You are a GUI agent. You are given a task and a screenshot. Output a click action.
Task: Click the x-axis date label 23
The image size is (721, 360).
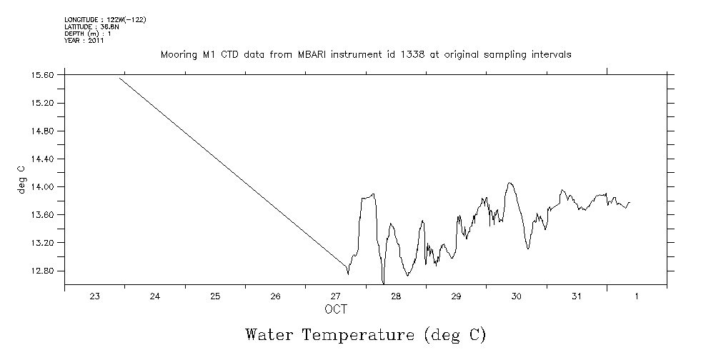click(x=94, y=297)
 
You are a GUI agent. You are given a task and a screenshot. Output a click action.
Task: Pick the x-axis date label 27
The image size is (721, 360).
click(x=336, y=297)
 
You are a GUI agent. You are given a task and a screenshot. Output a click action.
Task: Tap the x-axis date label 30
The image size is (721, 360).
click(x=517, y=297)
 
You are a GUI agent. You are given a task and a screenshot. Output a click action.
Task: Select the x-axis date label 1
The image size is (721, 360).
click(x=637, y=297)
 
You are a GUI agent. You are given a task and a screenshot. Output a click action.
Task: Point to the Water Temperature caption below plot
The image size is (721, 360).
click(x=365, y=334)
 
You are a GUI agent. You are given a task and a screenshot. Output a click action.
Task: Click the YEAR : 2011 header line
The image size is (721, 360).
click(x=84, y=41)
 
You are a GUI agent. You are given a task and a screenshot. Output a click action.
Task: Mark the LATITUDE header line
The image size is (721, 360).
click(x=90, y=26)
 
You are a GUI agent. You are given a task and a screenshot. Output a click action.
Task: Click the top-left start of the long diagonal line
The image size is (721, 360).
click(x=119, y=77)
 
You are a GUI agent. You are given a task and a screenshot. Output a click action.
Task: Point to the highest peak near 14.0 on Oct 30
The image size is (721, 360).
click(x=509, y=183)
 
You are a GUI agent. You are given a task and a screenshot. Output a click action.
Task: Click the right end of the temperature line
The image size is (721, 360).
click(x=630, y=202)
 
